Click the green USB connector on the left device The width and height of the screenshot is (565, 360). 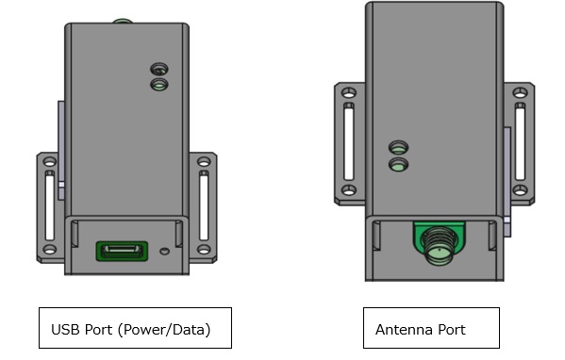[122, 251]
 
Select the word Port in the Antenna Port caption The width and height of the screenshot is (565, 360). [452, 330]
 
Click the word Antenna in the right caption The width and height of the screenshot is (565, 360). [404, 330]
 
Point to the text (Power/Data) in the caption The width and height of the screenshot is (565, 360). [164, 330]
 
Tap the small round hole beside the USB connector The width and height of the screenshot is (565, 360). [164, 252]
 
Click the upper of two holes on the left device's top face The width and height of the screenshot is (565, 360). [159, 69]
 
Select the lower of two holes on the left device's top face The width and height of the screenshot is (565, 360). [159, 85]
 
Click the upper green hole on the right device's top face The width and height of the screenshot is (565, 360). [399, 147]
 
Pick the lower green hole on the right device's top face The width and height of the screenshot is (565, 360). [399, 165]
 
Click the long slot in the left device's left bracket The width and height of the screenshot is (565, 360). [50, 206]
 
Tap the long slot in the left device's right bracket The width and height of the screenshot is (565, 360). [204, 205]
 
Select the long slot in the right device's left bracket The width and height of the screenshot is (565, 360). [349, 141]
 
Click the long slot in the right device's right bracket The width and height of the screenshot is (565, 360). [520, 141]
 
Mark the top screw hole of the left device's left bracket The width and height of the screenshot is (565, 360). [50, 162]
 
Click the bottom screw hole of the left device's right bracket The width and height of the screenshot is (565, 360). [204, 249]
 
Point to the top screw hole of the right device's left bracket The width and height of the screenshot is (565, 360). [349, 93]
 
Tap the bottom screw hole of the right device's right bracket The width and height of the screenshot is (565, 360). [520, 189]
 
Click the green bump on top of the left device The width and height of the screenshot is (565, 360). [123, 21]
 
